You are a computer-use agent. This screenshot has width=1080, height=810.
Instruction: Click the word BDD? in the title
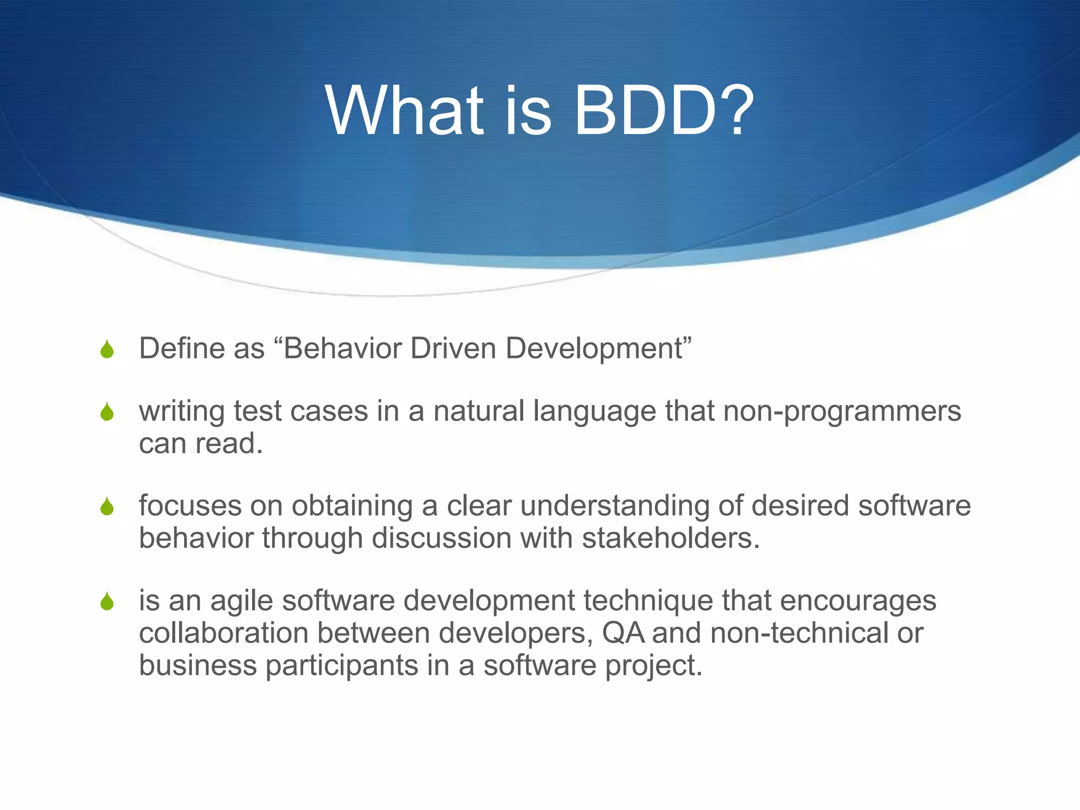pos(664,111)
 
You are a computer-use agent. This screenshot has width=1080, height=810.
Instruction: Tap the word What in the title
pos(404,111)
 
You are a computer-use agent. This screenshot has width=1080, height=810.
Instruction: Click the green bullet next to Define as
pos(107,349)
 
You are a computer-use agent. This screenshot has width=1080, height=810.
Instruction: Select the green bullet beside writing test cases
pos(107,412)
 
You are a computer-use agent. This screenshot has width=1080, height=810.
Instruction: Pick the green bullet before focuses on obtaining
pos(107,507)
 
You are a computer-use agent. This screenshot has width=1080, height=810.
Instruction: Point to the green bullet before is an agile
pos(107,601)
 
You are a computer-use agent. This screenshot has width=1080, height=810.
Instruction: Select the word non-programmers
pos(842,411)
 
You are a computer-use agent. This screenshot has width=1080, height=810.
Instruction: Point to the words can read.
pos(200,443)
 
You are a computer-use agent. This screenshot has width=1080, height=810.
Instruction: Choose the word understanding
pos(614,506)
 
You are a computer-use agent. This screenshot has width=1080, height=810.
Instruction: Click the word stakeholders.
pos(671,538)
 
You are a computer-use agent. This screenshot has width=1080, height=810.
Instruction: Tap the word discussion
pos(441,538)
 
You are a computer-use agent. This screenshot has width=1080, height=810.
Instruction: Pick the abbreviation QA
pos(623,633)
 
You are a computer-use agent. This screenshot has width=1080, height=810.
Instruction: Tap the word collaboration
pos(224,633)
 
